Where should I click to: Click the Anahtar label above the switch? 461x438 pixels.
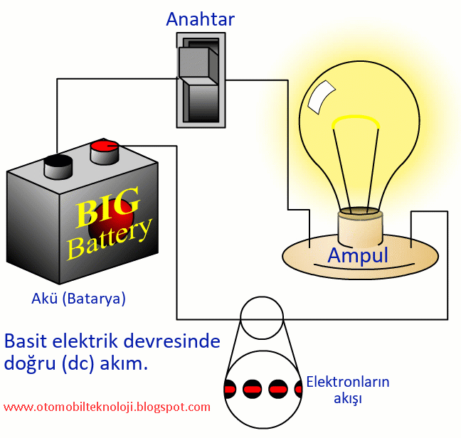(200, 18)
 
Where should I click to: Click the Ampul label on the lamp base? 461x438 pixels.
(358, 255)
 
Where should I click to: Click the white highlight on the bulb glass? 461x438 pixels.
(321, 97)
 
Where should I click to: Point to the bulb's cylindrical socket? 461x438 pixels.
(360, 228)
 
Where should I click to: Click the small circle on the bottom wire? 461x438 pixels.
(261, 318)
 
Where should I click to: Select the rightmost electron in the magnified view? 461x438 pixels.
(299, 389)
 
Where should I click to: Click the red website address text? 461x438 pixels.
(107, 407)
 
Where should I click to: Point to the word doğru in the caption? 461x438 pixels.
(30, 363)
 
